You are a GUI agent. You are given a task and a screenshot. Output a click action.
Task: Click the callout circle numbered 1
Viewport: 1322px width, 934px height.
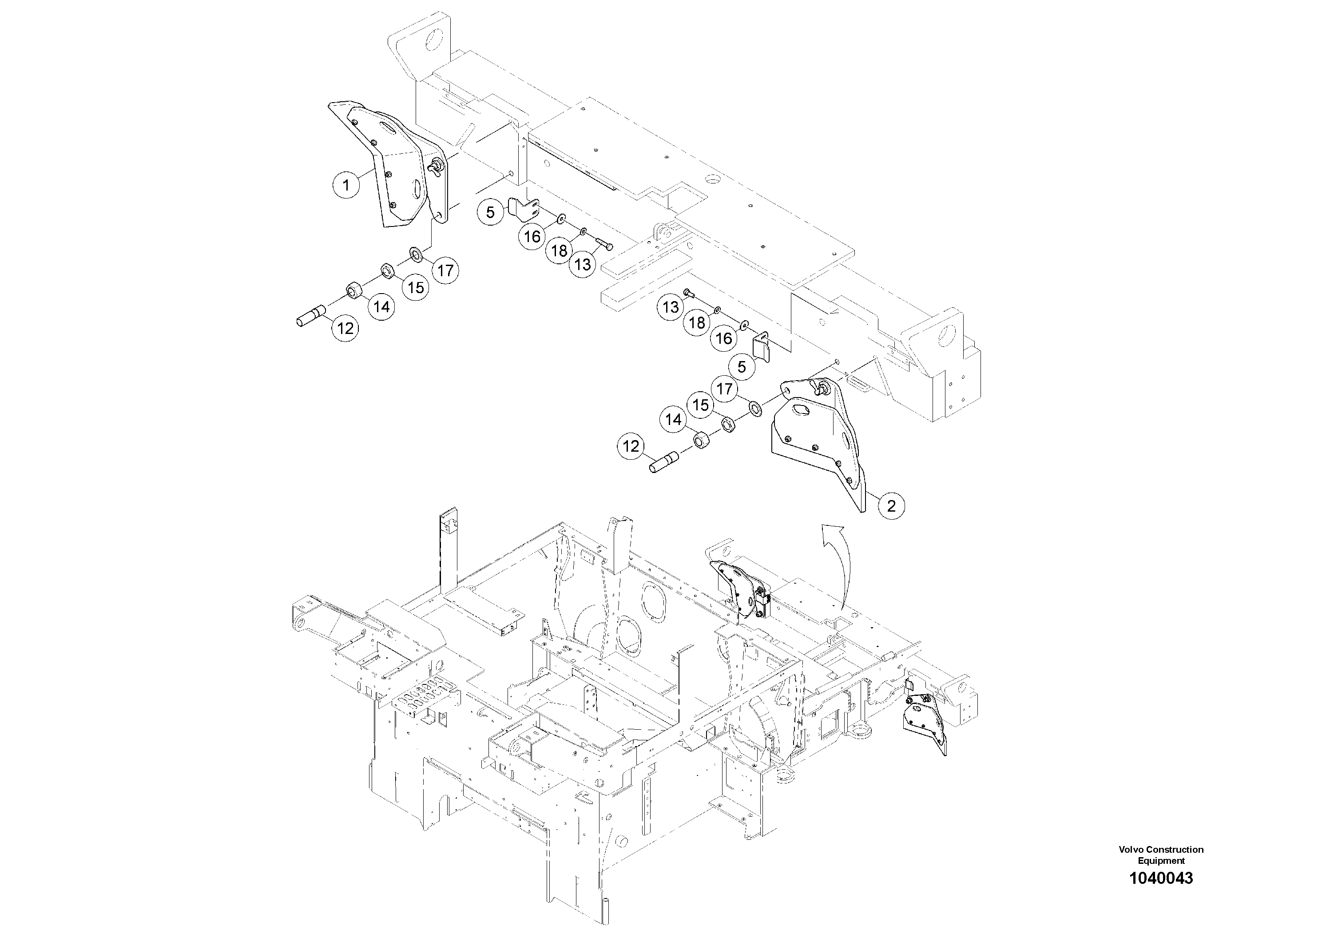point(346,185)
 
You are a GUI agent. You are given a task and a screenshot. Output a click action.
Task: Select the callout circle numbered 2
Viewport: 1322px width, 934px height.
point(891,506)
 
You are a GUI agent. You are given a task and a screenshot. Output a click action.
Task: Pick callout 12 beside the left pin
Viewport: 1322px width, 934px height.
point(345,328)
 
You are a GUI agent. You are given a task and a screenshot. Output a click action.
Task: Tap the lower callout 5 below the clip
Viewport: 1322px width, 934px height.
point(742,367)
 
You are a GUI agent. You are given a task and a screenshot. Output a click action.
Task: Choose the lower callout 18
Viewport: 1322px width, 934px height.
point(697,323)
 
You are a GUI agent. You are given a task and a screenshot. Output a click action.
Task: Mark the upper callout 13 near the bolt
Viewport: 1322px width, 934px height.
point(583,264)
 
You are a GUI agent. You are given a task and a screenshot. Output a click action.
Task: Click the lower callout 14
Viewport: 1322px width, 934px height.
point(673,420)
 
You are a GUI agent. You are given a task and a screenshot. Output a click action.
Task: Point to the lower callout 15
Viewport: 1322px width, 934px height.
point(700,405)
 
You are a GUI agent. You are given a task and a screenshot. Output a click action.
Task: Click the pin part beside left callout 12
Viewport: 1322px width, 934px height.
point(311,318)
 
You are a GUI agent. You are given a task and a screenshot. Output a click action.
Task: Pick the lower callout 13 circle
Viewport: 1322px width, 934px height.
point(671,307)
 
